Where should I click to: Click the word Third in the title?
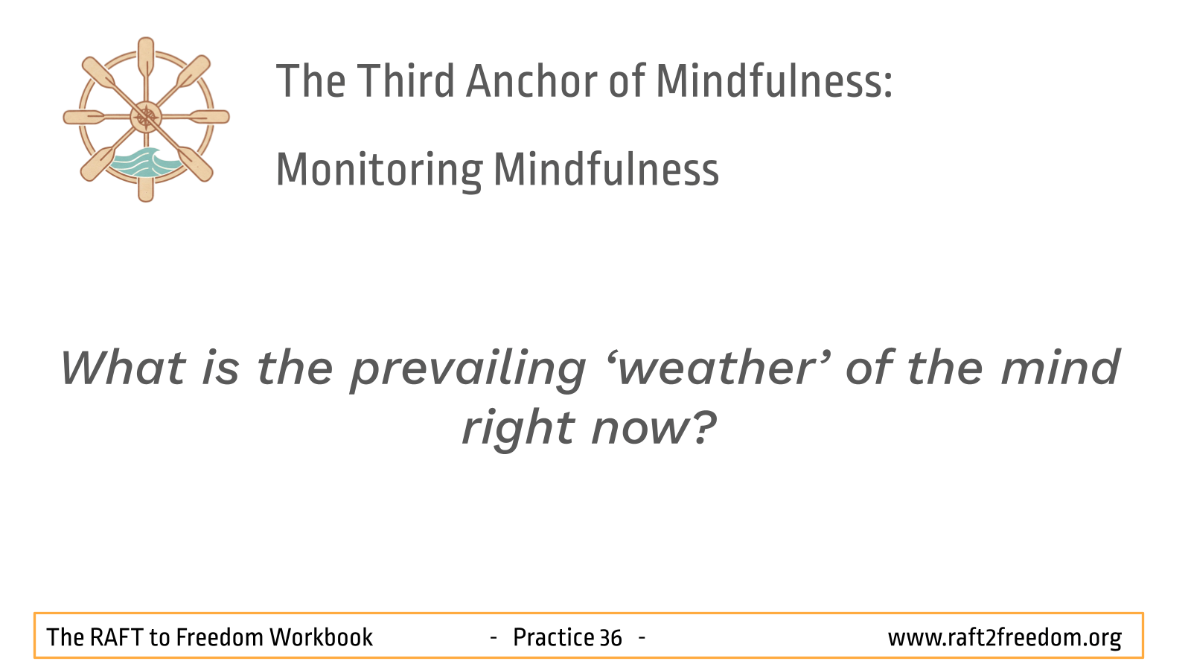tap(405, 81)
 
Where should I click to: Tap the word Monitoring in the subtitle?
tap(379, 171)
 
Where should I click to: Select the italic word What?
tap(123, 367)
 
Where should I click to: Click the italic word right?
tap(519, 429)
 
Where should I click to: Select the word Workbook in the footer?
tap(321, 637)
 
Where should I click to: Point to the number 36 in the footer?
tap(610, 638)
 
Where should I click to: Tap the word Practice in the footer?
tap(553, 637)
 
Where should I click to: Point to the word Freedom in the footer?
tap(219, 637)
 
